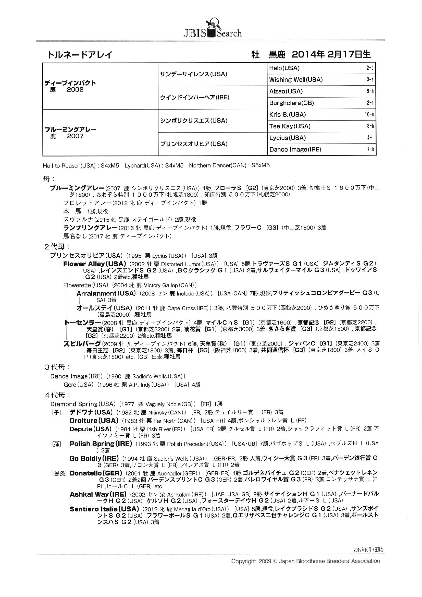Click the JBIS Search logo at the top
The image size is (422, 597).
point(213,29)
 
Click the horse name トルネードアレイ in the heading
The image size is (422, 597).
point(80,55)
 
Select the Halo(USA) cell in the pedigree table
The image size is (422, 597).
point(284,68)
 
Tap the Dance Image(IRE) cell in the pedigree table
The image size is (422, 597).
point(295,150)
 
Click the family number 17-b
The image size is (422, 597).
point(369,150)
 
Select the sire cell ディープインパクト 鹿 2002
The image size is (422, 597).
point(70,86)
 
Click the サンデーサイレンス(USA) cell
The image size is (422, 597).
point(194,74)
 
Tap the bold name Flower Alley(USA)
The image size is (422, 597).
point(95,264)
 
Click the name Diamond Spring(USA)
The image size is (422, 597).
point(83,404)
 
